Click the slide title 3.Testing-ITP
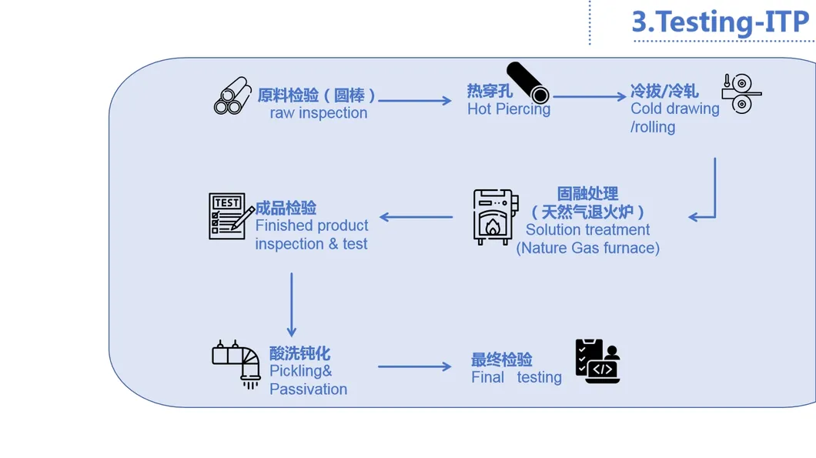point(721,22)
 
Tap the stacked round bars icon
point(232,96)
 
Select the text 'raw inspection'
point(318,113)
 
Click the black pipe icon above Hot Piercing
point(528,82)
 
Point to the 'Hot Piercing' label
point(508,109)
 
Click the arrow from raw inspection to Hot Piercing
point(415,100)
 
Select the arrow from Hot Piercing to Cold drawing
point(590,96)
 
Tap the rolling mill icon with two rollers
point(741,93)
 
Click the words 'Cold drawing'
point(674,109)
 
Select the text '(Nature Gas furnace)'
point(587,248)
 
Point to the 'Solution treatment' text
point(587,229)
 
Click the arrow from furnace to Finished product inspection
point(416,217)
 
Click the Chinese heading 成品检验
point(286,208)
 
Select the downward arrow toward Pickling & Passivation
point(292,305)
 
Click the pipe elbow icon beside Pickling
point(237,363)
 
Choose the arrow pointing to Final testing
point(415,366)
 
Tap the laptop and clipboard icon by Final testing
point(597,361)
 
